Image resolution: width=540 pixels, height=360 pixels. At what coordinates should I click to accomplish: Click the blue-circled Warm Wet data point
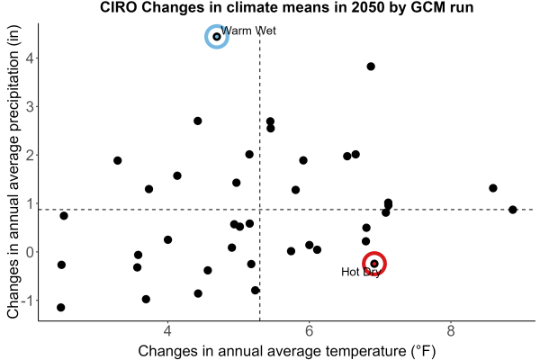[217, 37]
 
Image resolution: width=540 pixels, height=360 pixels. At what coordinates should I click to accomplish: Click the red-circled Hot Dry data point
[374, 264]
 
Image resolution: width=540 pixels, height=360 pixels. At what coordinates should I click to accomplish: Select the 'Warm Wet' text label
[248, 31]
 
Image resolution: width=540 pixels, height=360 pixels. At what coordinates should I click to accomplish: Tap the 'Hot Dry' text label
[361, 272]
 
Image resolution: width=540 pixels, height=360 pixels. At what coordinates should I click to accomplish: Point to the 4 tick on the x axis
[167, 331]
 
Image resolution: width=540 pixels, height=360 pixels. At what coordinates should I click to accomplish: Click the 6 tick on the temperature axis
[309, 331]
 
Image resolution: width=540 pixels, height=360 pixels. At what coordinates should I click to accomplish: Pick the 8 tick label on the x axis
[451, 331]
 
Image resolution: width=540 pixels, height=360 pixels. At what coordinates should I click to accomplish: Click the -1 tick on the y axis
[28, 301]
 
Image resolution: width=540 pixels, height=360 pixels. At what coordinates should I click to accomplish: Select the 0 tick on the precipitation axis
[31, 252]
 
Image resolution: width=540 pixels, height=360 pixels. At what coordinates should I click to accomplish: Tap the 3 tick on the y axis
[31, 107]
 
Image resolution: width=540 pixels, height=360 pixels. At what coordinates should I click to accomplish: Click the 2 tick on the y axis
[31, 156]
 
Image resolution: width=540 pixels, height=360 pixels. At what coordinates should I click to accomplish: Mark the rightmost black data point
[512, 210]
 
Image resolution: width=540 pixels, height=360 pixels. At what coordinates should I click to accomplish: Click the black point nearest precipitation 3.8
[371, 67]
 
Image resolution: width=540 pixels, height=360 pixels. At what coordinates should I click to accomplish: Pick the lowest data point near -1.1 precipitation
[60, 307]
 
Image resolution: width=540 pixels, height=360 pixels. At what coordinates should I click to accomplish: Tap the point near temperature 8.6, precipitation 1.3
[493, 188]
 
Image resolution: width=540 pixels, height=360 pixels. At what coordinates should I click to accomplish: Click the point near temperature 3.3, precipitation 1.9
[117, 160]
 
